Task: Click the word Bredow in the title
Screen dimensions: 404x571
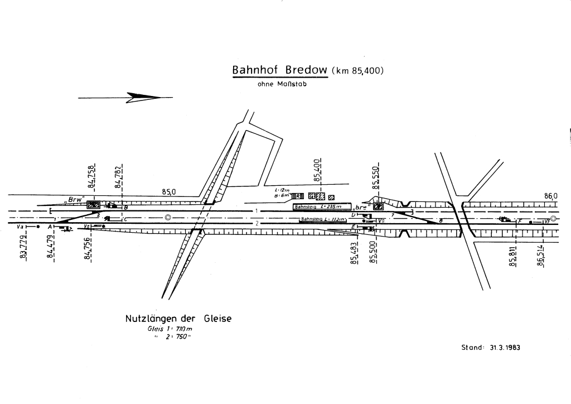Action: [307, 71]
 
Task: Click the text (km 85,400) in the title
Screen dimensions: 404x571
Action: [357, 71]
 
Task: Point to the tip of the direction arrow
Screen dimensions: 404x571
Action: [160, 98]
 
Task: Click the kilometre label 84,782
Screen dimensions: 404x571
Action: [118, 177]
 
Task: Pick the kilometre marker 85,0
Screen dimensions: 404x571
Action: [169, 192]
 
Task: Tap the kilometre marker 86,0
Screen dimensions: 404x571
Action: [550, 196]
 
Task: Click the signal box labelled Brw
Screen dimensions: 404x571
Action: [93, 204]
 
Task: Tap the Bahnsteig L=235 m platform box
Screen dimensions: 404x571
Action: [322, 206]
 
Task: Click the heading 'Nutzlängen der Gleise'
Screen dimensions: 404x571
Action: [178, 319]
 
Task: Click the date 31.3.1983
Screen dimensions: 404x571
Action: [505, 347]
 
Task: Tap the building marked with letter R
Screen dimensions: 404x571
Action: [299, 196]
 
